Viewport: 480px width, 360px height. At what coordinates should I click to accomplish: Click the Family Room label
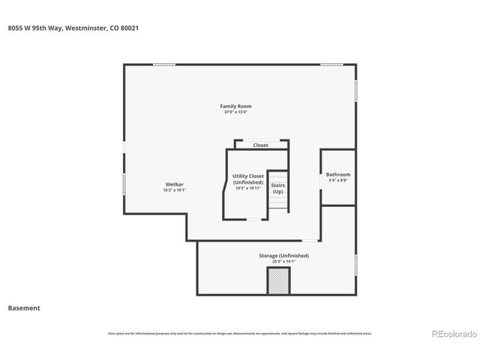point(235,106)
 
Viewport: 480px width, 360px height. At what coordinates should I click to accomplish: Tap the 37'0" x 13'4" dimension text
point(235,112)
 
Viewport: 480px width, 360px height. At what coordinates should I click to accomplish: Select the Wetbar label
point(175,184)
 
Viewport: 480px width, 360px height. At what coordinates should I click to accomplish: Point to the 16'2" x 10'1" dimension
point(175,190)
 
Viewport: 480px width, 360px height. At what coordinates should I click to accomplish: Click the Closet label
point(260,145)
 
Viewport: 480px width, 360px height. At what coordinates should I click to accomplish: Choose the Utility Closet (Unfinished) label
point(247,179)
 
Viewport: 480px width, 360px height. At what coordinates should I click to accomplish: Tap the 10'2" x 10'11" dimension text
point(247,187)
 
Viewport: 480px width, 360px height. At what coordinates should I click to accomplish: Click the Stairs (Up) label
point(277,188)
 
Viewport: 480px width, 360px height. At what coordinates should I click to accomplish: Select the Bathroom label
point(337,175)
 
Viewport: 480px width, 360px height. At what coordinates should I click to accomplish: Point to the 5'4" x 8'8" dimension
point(337,181)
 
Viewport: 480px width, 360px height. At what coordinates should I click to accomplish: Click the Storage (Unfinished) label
point(283,256)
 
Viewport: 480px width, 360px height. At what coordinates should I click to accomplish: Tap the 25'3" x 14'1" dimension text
point(283,262)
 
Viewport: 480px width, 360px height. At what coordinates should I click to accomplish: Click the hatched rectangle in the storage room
point(279,281)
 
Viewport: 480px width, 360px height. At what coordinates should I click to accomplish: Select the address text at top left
point(73,28)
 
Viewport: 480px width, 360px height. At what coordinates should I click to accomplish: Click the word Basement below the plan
point(24,307)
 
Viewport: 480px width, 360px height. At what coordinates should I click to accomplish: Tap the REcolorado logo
point(453,334)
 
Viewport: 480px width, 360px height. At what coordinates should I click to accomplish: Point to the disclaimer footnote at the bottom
point(239,333)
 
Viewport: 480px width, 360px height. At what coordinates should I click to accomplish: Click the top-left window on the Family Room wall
point(164,64)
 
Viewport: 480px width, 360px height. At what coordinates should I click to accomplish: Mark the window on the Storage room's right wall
point(355,264)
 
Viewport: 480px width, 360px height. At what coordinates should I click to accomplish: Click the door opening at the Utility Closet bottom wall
point(255,219)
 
